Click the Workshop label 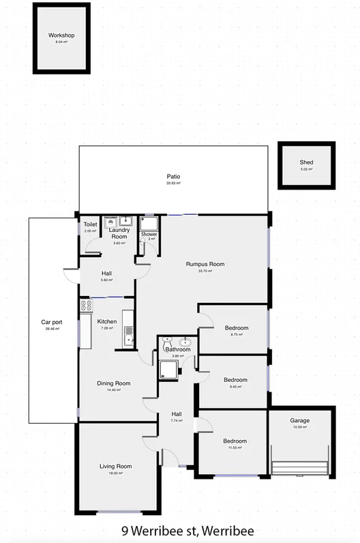(61, 35)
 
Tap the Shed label (307, 162)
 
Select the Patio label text (173, 177)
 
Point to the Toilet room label (90, 224)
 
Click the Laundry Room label (119, 233)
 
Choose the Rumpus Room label (205, 264)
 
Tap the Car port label (52, 321)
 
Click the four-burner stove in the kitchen (87, 306)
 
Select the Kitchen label (107, 321)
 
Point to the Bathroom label (177, 349)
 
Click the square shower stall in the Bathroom (168, 370)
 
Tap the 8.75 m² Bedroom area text (236, 335)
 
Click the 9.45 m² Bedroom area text (236, 386)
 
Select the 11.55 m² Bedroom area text (236, 447)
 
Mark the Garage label (299, 421)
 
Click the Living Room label (116, 467)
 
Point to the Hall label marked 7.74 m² (177, 414)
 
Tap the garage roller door (300, 467)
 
